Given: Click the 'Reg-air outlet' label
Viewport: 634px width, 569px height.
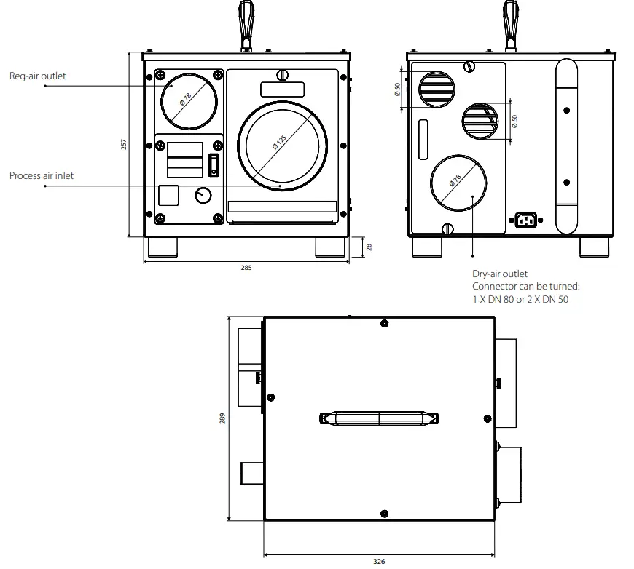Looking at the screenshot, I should click(x=38, y=76).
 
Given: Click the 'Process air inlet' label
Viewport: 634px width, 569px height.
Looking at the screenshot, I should click(x=42, y=175).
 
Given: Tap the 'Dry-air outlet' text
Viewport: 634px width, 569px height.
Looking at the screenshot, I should click(x=500, y=274).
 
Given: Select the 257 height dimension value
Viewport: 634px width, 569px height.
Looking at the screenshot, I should click(x=124, y=144).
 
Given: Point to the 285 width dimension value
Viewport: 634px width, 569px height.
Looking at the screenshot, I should click(x=246, y=268).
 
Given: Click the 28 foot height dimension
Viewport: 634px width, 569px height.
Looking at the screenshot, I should click(x=369, y=247).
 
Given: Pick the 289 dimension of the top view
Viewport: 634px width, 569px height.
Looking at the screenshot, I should click(x=222, y=418).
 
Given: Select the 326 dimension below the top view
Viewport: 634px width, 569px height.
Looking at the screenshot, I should click(x=378, y=561).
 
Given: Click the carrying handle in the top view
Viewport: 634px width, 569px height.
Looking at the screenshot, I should click(x=380, y=418).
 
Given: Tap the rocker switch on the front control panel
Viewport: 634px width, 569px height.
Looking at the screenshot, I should click(x=214, y=164).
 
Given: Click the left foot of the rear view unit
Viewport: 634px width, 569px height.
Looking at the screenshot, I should click(x=426, y=247).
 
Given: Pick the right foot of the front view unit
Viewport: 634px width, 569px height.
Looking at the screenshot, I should click(x=330, y=247).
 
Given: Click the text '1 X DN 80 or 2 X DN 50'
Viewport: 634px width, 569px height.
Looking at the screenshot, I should click(x=520, y=299).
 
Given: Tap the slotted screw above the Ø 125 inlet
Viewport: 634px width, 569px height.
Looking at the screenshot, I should click(x=283, y=74).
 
